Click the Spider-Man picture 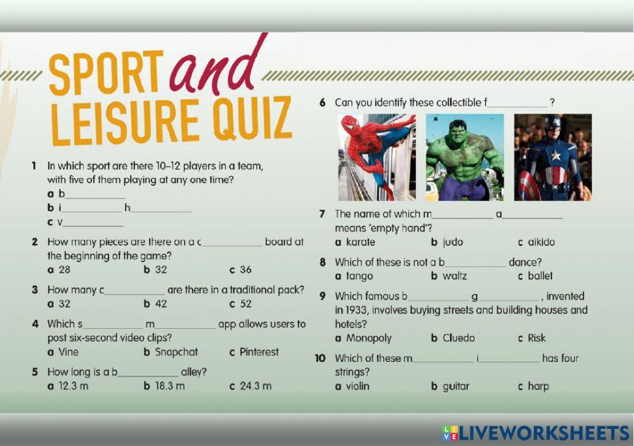tap(377, 157)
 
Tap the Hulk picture tap(465, 157)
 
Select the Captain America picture tap(553, 157)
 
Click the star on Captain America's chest tap(556, 155)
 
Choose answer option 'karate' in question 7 tap(360, 242)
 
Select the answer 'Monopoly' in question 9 tap(368, 338)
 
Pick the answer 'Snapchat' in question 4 tap(176, 352)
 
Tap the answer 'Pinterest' tap(259, 352)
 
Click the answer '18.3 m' tap(170, 386)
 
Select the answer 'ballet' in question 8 tap(540, 276)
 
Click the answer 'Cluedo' tap(458, 338)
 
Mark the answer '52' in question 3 tap(245, 303)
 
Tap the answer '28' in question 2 tap(64, 269)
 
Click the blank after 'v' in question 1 tap(93, 224)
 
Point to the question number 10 tap(321, 359)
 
